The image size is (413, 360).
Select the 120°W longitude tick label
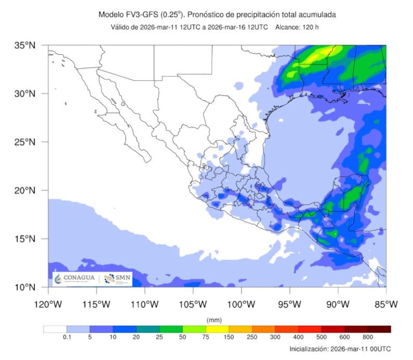coord(48,304)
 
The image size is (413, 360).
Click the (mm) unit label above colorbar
coord(214,320)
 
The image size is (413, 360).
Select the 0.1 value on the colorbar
coord(66,336)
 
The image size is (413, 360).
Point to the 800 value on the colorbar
coord(368,336)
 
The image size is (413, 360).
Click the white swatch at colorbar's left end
coord(55,329)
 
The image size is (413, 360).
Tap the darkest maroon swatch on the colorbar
coord(379,329)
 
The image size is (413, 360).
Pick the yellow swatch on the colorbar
coord(217,329)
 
